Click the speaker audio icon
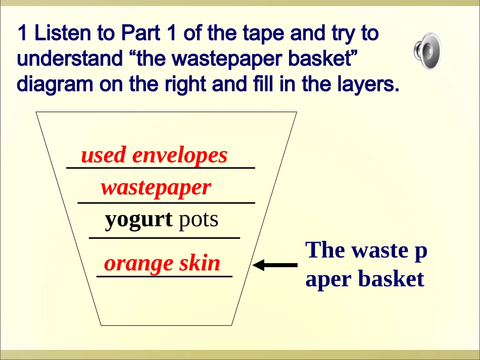coord(426,51)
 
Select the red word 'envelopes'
coord(180,156)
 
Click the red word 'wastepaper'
coord(156,188)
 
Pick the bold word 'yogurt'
coord(139,220)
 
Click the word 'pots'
coord(199,220)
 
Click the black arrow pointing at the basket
coord(276,265)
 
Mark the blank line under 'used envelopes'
coord(161,168)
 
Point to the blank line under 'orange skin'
coord(164,276)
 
